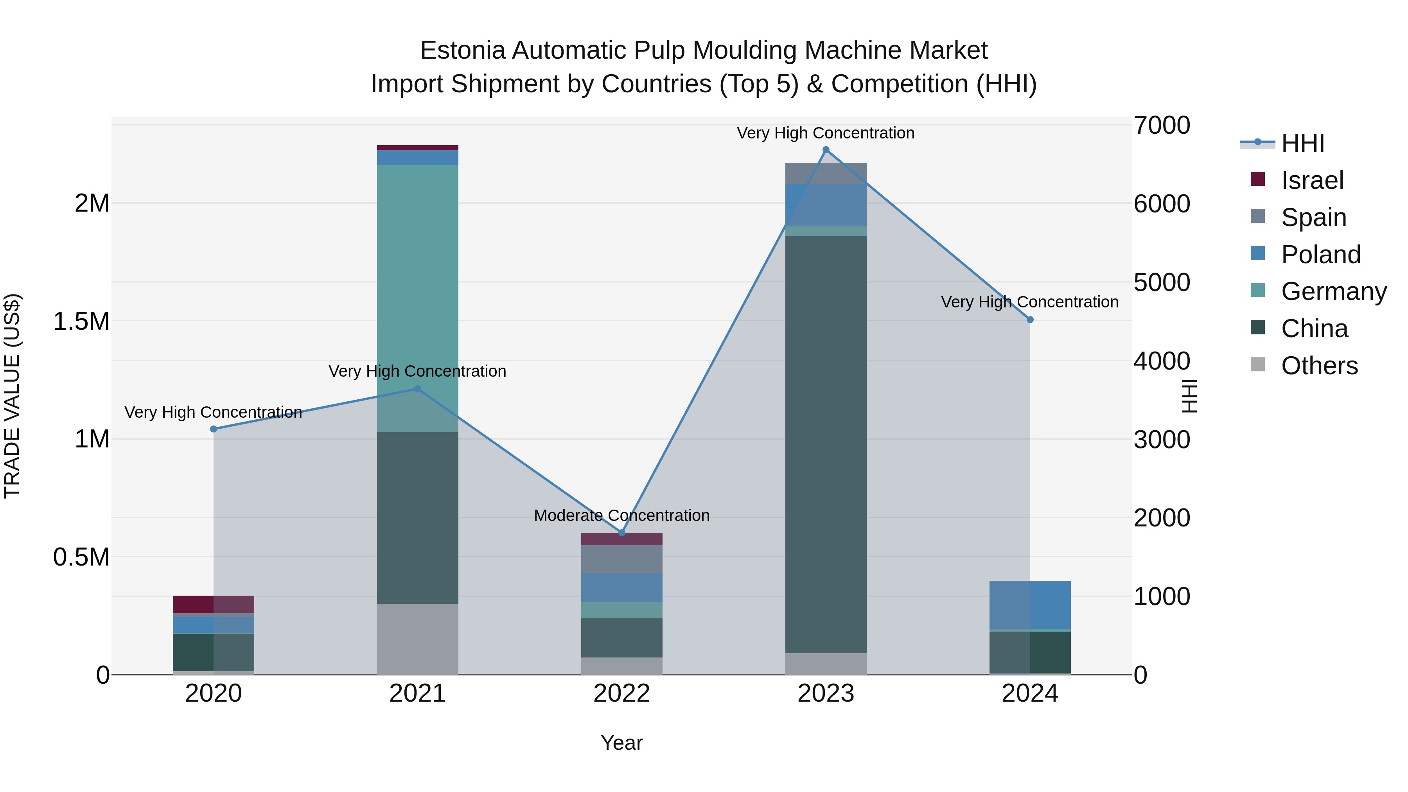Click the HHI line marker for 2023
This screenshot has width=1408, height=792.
(x=826, y=150)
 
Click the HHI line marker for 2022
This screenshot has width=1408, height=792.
(x=621, y=533)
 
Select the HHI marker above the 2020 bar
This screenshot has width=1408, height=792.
(x=214, y=429)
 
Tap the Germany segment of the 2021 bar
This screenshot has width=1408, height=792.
(x=418, y=295)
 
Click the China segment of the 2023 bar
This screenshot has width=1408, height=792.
(x=826, y=443)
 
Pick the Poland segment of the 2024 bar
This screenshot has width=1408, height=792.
(x=1030, y=605)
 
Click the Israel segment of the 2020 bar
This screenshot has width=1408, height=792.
(x=214, y=604)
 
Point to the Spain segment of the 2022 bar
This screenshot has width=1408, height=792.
(x=621, y=559)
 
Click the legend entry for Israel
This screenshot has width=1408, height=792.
(x=1312, y=180)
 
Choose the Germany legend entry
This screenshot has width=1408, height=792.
(x=1333, y=291)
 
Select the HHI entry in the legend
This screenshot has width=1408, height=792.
(x=1302, y=143)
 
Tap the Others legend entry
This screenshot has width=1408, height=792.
(x=1319, y=366)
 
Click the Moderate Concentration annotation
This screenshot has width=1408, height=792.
(x=621, y=515)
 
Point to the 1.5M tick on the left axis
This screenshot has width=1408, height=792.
(x=81, y=321)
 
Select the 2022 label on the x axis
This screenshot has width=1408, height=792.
(x=621, y=693)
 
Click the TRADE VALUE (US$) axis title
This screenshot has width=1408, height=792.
(x=12, y=396)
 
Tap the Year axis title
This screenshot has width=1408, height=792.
(x=621, y=743)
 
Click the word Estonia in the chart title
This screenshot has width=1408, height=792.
(x=462, y=51)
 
